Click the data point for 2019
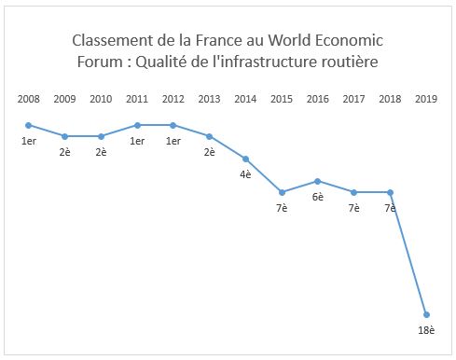point(425,314)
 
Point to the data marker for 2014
point(245,159)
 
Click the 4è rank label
point(245,174)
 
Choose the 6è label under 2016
point(318,197)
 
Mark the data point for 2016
point(318,181)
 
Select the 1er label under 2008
point(28,141)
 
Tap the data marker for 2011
point(137,125)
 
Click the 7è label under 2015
point(282,208)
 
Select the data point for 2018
point(390,192)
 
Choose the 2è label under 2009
point(64,152)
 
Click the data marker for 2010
point(101,136)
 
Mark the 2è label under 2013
point(209,152)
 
